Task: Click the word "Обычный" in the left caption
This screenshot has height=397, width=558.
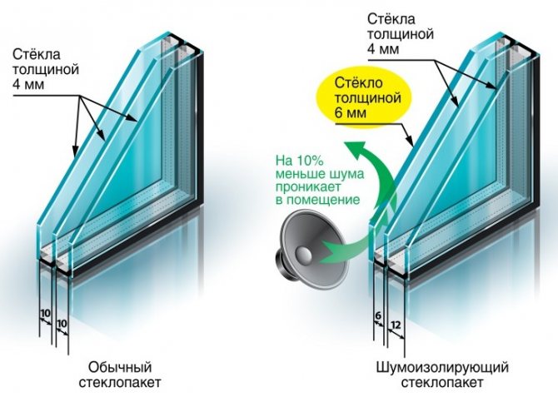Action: (122, 365)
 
